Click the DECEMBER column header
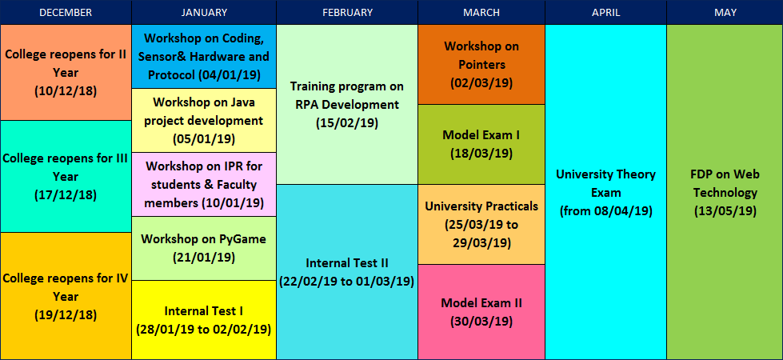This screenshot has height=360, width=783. point(66,13)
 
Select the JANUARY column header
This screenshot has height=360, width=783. point(204,13)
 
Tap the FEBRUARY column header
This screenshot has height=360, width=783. point(347,13)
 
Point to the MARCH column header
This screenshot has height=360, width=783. point(481,13)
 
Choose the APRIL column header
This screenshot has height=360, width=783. point(605,13)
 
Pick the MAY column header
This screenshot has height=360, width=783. point(725,13)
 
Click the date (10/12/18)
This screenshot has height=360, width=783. point(66,91)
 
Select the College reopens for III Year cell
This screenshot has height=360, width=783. point(66,176)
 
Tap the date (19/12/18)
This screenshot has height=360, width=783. point(66,315)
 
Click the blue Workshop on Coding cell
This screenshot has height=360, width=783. point(204,57)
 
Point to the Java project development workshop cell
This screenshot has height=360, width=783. point(204,120)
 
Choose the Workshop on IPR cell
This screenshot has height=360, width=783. point(204,184)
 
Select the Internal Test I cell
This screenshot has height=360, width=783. point(204,319)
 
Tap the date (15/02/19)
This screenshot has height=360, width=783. point(347,123)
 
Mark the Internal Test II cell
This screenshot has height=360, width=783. point(347,272)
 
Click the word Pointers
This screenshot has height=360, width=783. point(481,65)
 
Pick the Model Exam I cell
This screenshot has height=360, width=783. point(481,144)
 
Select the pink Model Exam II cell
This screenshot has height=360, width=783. point(481,312)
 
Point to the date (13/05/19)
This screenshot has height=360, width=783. point(725,211)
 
